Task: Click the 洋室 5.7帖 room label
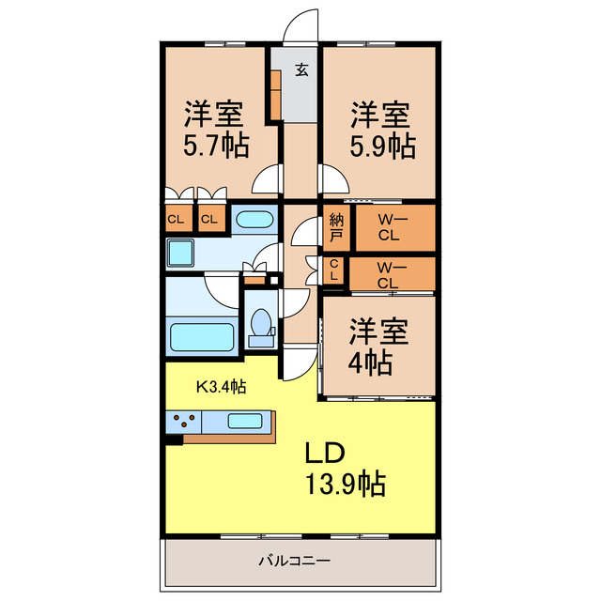click(215, 131)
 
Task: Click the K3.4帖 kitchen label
click(221, 386)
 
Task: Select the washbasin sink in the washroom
click(253, 221)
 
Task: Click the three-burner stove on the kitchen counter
click(183, 421)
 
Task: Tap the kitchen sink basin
click(243, 421)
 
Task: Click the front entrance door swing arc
click(302, 25)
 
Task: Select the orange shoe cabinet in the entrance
click(275, 94)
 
